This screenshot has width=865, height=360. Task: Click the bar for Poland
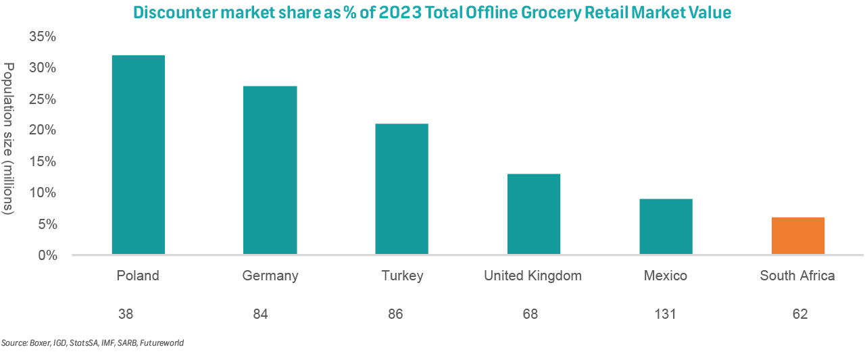click(x=138, y=155)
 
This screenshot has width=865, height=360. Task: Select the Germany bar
click(x=270, y=170)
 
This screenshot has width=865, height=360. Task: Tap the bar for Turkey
click(x=402, y=189)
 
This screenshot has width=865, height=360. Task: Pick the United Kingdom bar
click(x=534, y=214)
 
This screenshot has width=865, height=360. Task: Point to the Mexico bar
click(x=666, y=227)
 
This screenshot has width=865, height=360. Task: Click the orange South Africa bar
click(x=798, y=236)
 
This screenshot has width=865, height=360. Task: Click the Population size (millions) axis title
click(x=9, y=138)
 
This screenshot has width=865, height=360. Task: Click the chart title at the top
click(x=432, y=12)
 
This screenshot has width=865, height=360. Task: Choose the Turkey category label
click(x=402, y=276)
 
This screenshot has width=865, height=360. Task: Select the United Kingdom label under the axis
click(x=533, y=276)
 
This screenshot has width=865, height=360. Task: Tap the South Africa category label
click(x=797, y=276)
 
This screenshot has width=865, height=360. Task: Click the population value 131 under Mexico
click(x=665, y=314)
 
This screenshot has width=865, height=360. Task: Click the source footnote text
click(x=93, y=343)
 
